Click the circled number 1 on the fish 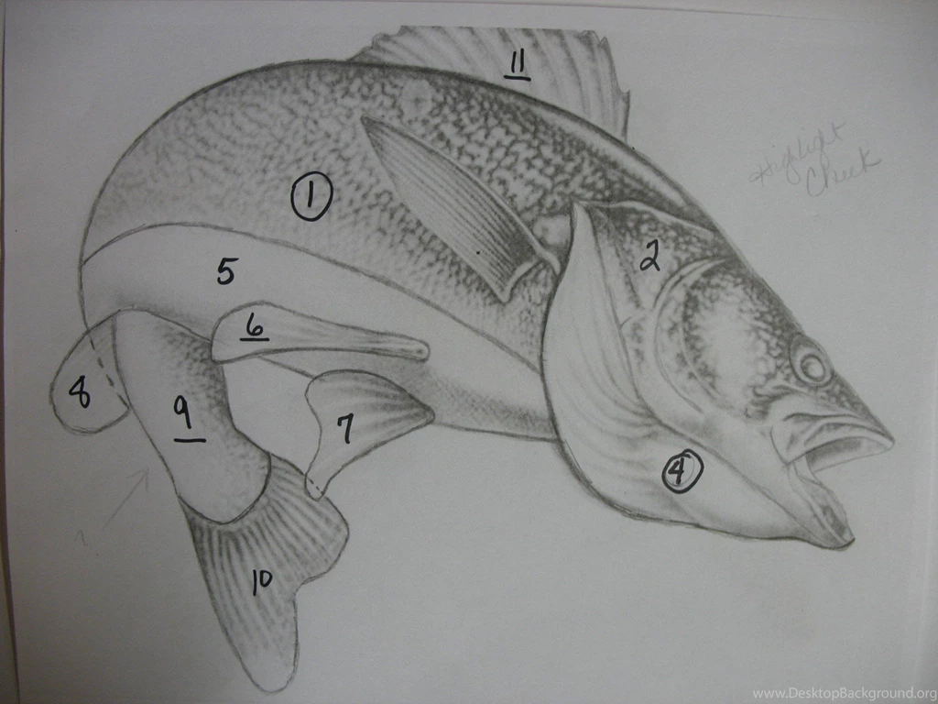tap(311, 197)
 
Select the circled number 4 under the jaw tap(681, 471)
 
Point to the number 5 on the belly tap(226, 270)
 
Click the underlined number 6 tap(255, 325)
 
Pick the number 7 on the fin tap(345, 428)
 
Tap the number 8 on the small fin tap(81, 393)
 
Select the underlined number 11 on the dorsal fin tap(517, 63)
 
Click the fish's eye tap(812, 365)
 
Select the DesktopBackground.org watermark tap(843, 693)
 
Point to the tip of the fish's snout tap(889, 438)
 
